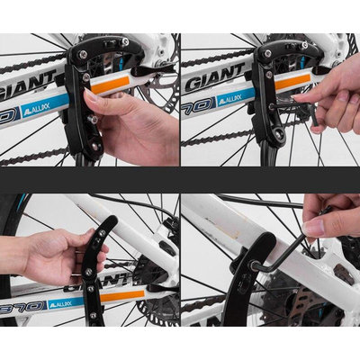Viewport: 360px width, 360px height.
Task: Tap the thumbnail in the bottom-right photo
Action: point(312,228)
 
